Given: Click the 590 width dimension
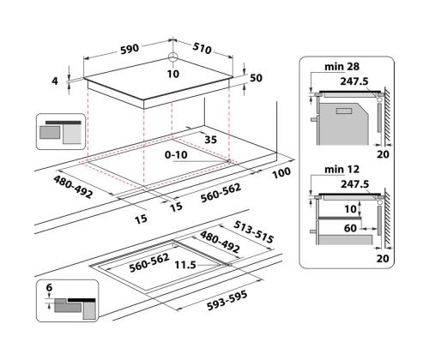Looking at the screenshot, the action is pyautogui.click(x=130, y=49).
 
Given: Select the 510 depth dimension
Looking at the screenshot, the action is pyautogui.click(x=202, y=49).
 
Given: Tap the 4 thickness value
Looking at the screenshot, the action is pyautogui.click(x=55, y=81).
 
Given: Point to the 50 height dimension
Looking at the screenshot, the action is pyautogui.click(x=256, y=78).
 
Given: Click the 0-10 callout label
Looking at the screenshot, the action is pyautogui.click(x=176, y=155).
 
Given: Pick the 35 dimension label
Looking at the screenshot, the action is pyautogui.click(x=211, y=140).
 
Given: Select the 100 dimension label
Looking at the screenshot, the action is pyautogui.click(x=281, y=173).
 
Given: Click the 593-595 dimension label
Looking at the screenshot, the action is pyautogui.click(x=227, y=301).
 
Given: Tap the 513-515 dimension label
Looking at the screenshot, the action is pyautogui.click(x=253, y=231).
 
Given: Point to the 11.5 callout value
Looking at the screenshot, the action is pyautogui.click(x=185, y=265).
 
